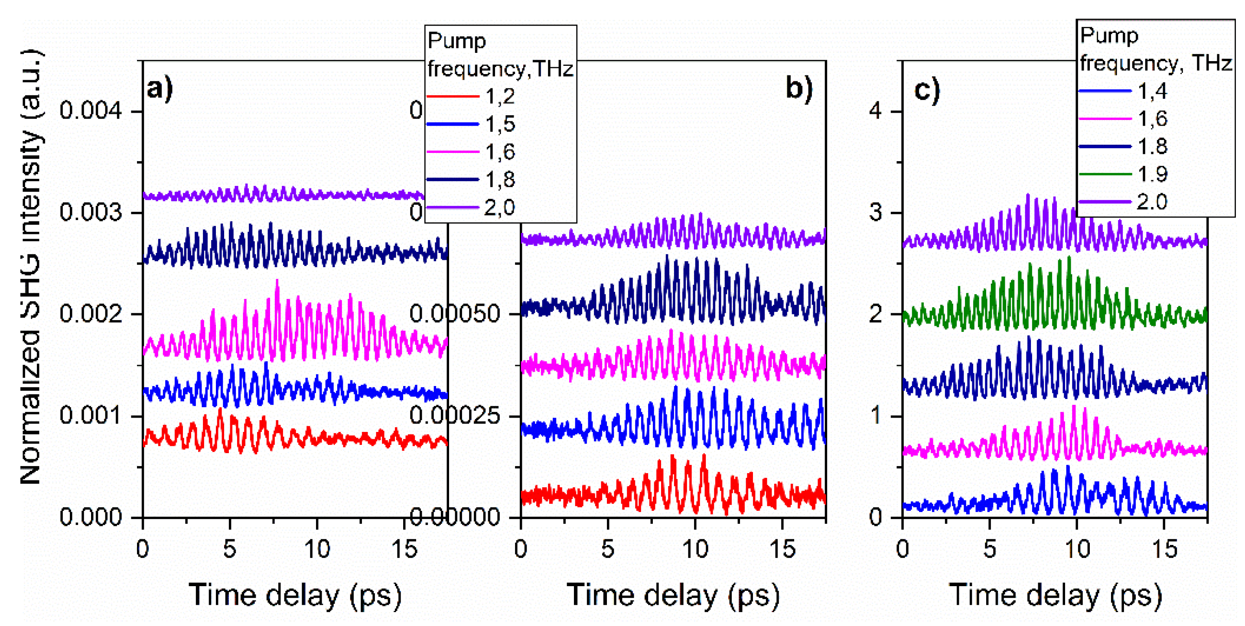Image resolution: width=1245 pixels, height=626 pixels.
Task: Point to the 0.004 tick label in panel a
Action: point(91,110)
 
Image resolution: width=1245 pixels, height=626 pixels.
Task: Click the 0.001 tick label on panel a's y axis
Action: point(91,415)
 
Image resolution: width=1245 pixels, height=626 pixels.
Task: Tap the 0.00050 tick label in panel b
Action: point(454,314)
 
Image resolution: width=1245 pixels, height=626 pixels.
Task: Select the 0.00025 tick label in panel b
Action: point(454,415)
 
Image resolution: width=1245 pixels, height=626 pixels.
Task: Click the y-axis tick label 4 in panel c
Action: point(876,111)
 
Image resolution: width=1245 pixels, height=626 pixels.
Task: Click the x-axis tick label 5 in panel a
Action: point(230,549)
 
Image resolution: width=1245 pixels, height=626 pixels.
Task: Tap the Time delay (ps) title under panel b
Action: point(673,595)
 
